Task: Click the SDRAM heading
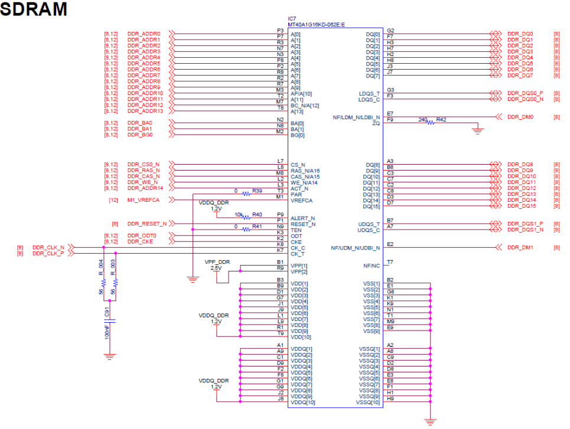click(x=34, y=9)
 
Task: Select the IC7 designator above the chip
click(x=292, y=18)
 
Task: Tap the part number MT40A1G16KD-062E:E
click(x=316, y=24)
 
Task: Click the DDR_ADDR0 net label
click(x=144, y=34)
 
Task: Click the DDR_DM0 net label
click(x=520, y=117)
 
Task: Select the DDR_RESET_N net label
click(x=146, y=224)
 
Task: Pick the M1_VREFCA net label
click(x=144, y=201)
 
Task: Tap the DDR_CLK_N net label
click(x=48, y=247)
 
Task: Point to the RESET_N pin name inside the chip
click(x=302, y=224)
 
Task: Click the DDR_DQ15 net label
click(x=522, y=206)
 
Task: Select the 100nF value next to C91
click(x=107, y=331)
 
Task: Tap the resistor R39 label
click(x=257, y=191)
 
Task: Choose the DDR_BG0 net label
click(x=140, y=135)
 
